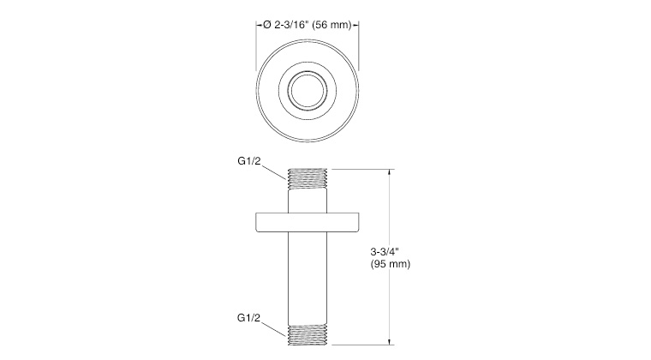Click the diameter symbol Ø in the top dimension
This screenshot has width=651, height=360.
click(267, 25)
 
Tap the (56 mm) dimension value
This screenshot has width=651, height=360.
click(331, 25)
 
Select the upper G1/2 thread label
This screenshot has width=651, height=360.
click(249, 161)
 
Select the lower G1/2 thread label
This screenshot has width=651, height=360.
click(248, 318)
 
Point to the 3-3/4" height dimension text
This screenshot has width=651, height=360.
click(385, 251)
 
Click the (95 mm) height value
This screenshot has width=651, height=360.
click(391, 264)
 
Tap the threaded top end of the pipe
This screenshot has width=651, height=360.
click(308, 179)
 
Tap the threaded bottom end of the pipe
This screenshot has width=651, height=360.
click(308, 335)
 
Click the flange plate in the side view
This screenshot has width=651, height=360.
click(308, 222)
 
